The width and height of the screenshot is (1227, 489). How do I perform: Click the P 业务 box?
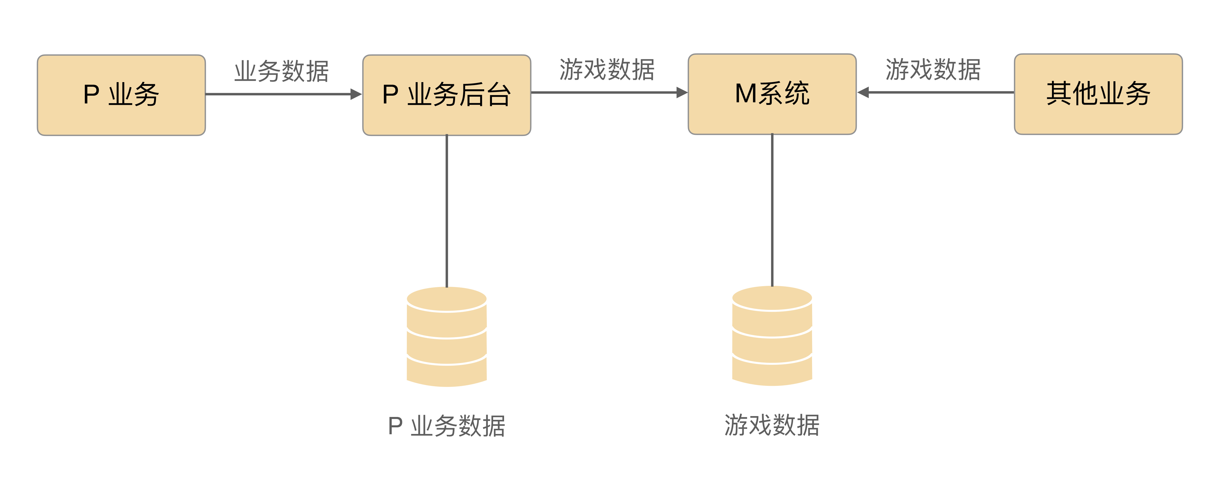coord(121,95)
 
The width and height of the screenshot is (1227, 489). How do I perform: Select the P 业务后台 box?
coord(446,95)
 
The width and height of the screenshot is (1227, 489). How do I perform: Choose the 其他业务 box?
coord(1098,94)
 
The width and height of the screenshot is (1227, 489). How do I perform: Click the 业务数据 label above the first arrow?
coord(281,71)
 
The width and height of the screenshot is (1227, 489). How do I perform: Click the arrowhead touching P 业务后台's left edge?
coord(356,94)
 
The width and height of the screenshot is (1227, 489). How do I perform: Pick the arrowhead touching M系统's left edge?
coord(682,92)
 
